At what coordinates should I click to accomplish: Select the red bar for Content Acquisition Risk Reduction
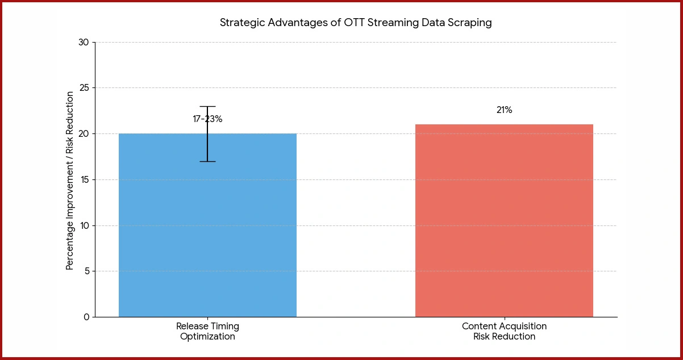click(504, 221)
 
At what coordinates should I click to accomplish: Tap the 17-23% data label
click(207, 119)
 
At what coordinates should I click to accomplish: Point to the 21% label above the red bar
click(504, 110)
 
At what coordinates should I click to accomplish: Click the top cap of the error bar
click(207, 106)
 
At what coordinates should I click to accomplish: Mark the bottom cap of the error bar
click(207, 161)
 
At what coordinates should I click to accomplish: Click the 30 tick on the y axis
click(84, 42)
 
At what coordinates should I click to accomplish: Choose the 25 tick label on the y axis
click(84, 88)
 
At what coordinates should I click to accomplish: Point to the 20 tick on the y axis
click(84, 134)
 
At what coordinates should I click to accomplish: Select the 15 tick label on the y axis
click(84, 179)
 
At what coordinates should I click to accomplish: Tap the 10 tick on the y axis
click(84, 225)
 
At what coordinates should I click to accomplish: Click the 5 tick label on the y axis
click(86, 271)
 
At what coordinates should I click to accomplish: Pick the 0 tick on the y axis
click(86, 317)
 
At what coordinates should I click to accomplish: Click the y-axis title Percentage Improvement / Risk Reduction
click(70, 181)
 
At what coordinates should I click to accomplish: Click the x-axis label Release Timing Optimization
click(207, 331)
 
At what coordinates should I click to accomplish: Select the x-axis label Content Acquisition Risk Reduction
click(504, 331)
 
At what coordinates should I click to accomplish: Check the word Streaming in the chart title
click(378, 23)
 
